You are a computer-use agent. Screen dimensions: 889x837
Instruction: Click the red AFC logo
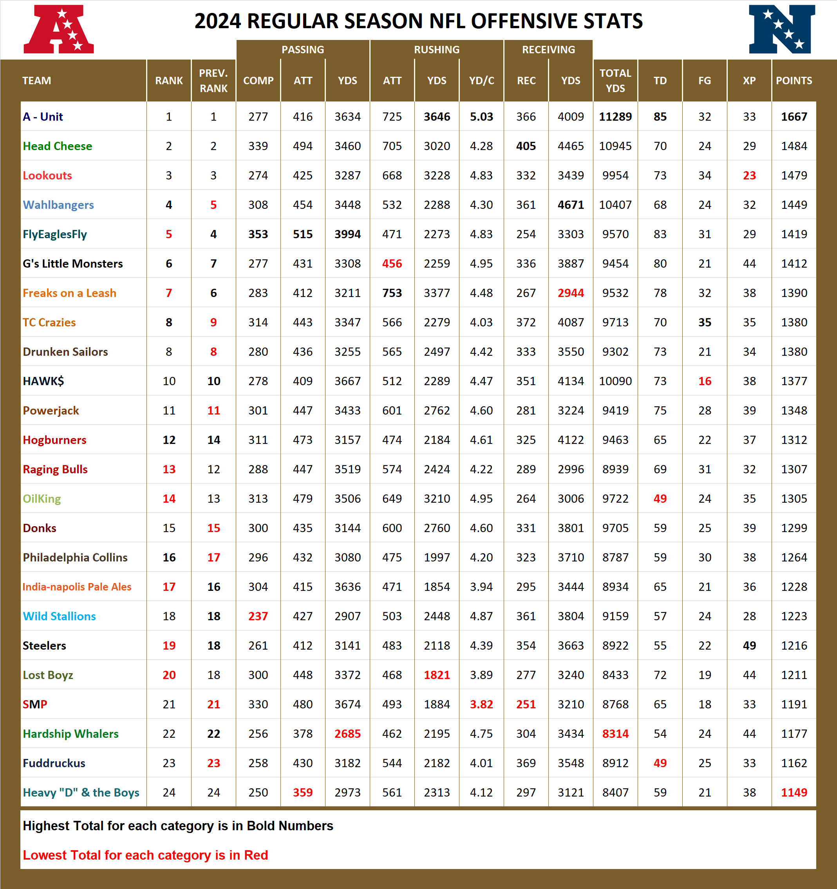coord(59,29)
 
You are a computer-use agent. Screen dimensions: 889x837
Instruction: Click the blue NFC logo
coord(781,29)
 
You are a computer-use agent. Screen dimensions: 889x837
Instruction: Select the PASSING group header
coord(303,50)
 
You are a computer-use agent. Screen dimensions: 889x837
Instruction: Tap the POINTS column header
coord(794,80)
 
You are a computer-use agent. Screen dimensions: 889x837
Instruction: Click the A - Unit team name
coord(43,117)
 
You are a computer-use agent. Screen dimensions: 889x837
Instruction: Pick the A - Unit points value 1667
coord(794,117)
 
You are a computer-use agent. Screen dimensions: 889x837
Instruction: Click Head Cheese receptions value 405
coord(526,146)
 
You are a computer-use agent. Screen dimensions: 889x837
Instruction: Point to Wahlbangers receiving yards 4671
coord(571,205)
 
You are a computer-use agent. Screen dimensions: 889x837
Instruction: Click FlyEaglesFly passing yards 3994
coord(347,234)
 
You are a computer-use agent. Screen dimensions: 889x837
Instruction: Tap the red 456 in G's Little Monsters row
coord(392,264)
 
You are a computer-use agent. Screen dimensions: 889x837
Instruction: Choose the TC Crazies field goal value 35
coord(704,322)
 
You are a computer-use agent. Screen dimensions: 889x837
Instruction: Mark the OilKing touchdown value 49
coord(660,499)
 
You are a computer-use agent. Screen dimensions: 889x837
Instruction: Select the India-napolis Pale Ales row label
coord(77,587)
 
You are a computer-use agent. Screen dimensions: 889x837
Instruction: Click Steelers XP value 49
coord(749,646)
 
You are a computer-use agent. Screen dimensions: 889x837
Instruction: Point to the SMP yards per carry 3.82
coord(481,704)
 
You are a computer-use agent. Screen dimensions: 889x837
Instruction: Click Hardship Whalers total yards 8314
coord(615,734)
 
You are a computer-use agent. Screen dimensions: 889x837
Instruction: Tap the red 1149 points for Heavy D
coord(794,792)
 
